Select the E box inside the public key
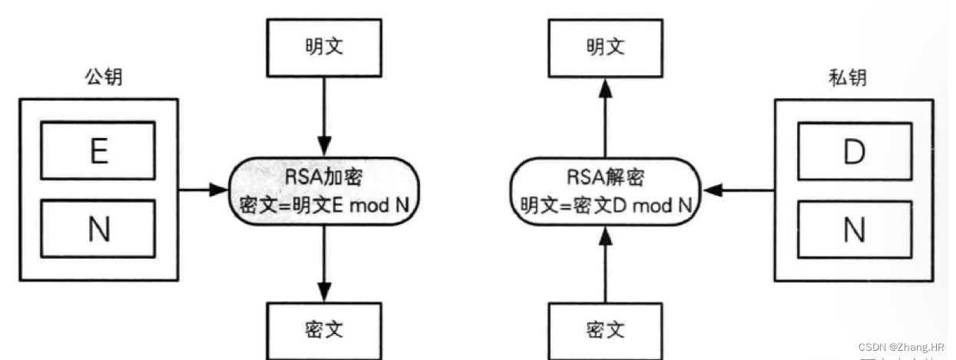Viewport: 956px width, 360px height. tap(98, 152)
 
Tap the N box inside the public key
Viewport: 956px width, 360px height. tap(98, 228)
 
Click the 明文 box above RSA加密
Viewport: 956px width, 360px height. tap(323, 48)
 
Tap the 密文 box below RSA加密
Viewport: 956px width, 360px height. tap(323, 330)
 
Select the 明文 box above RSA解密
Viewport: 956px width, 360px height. tap(605, 48)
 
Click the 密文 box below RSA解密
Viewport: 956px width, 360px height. tap(605, 331)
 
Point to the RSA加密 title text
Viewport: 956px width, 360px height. tap(323, 179)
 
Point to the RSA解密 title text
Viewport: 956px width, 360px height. tap(605, 179)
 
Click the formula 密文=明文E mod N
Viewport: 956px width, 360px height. tap(323, 206)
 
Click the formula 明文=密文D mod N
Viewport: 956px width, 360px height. tap(605, 206)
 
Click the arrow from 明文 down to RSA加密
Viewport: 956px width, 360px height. tap(323, 115)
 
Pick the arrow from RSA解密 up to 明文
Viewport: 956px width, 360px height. tap(605, 115)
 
